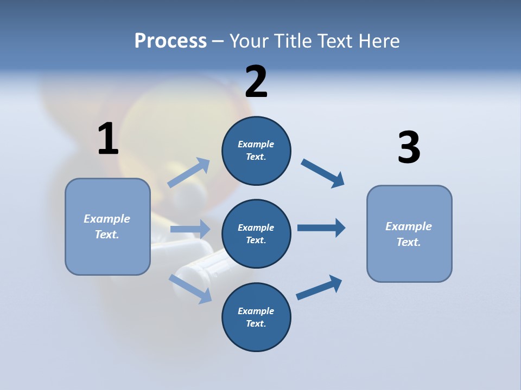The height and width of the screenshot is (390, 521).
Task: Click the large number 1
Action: [108, 139]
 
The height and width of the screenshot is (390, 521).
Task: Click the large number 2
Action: [256, 82]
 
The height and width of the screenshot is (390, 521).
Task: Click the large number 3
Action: [409, 147]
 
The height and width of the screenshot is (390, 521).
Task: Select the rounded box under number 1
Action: [107, 226]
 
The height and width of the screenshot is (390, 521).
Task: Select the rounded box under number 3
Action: [409, 233]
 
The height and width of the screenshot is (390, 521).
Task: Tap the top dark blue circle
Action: [256, 151]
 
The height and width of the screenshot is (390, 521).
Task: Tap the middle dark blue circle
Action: [256, 233]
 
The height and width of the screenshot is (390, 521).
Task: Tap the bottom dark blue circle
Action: [256, 317]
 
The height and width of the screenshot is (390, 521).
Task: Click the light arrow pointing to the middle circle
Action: [190, 229]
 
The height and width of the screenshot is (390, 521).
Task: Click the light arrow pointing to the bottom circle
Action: [190, 289]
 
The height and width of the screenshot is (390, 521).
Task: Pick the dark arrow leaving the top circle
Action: [322, 173]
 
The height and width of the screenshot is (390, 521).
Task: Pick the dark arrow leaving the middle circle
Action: [321, 228]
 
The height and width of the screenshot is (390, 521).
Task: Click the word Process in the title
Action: [170, 41]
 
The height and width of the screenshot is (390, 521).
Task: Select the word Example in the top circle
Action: [256, 144]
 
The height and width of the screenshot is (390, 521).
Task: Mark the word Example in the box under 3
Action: [409, 226]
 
